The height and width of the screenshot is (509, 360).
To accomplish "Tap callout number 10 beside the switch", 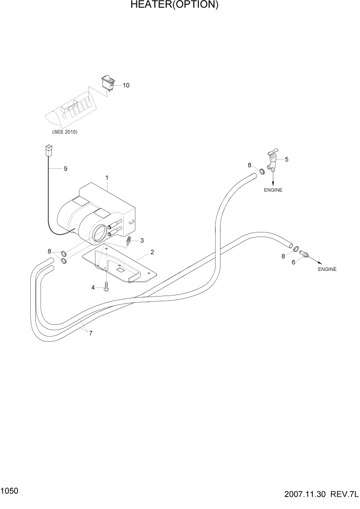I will pos(126,85).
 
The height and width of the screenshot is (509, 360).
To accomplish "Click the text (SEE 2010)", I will pos(65,132).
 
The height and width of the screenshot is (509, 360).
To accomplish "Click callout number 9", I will pos(65,168).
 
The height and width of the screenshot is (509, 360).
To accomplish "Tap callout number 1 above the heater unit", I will pos(107,178).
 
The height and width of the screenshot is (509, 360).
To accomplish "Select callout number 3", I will pos(142,241).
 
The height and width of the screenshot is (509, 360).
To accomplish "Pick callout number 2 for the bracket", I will pos(152,252).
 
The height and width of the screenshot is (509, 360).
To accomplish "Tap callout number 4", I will pos(93,288).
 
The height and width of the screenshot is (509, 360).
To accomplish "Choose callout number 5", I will pos(287,159).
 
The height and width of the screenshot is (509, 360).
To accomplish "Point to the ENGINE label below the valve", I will pos(273,190).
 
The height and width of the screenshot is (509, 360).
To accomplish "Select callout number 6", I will pos(293,262).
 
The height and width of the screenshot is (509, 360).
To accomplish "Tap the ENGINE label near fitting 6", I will pos(327,269).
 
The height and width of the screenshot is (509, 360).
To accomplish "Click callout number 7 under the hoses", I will pos(91,334).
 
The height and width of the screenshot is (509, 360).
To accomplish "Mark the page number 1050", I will pos(10,491).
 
